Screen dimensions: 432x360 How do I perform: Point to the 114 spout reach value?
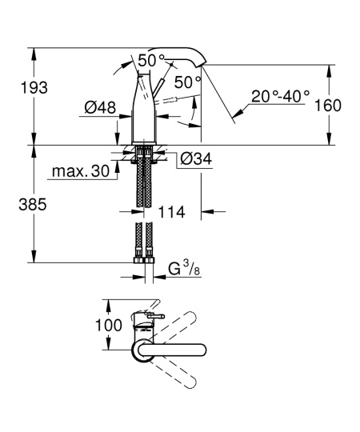[x=172, y=213]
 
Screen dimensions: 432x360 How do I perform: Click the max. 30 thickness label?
[x=80, y=172]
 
